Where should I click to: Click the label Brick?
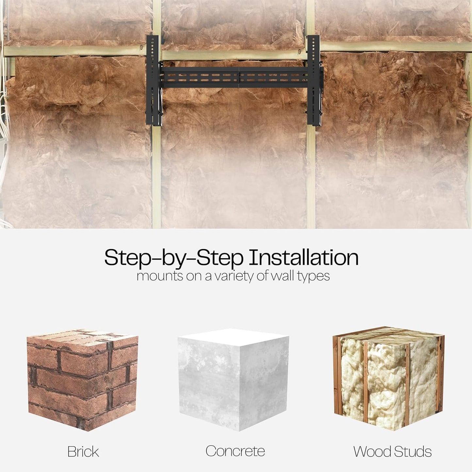83,452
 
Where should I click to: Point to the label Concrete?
235,451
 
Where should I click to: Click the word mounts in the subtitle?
160,276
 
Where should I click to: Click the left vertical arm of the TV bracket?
153,80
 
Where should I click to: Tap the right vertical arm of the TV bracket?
314,80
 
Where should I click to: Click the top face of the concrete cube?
233,337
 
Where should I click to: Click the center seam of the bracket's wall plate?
239,77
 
